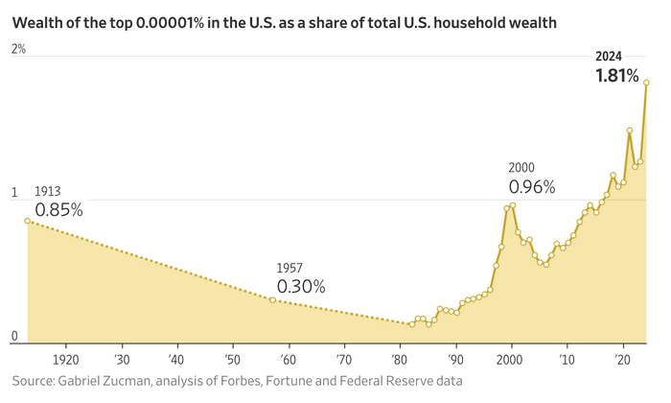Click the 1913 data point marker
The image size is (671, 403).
(x=27, y=221)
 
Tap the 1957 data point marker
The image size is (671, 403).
(x=273, y=300)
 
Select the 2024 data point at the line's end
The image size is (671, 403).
(x=646, y=83)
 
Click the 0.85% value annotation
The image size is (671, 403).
(x=58, y=209)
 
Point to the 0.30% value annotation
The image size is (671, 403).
(x=301, y=286)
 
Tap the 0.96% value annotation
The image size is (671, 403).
(x=532, y=187)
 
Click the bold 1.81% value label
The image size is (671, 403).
(x=617, y=75)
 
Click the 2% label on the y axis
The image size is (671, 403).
(x=18, y=49)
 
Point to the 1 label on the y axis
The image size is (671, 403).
(x=14, y=192)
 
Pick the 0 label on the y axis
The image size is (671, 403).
(x=14, y=336)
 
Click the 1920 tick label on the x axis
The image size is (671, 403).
(x=66, y=359)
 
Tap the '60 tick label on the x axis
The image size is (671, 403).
(x=287, y=359)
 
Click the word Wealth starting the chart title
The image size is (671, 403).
(x=37, y=21)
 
